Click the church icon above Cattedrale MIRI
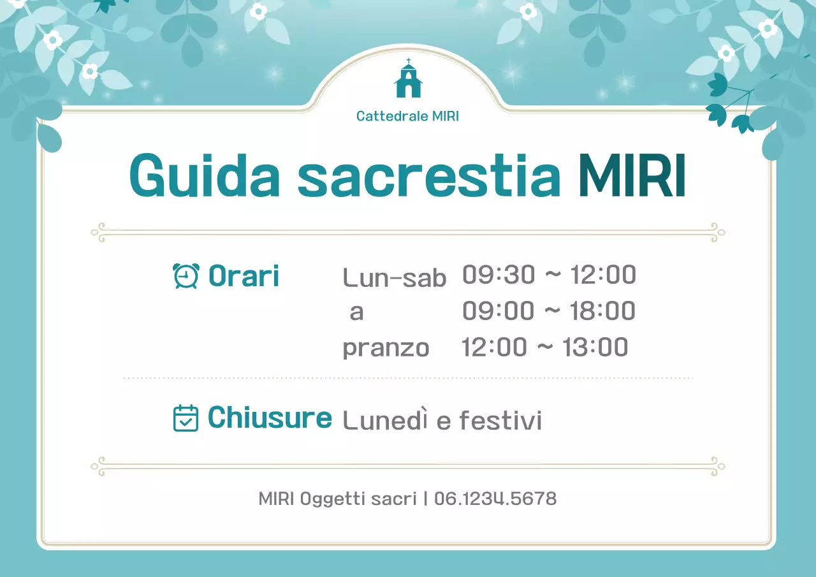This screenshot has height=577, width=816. pyautogui.click(x=408, y=79)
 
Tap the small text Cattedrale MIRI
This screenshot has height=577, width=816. pyautogui.click(x=407, y=117)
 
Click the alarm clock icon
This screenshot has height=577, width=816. pyautogui.click(x=186, y=276)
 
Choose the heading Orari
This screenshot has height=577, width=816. pyautogui.click(x=244, y=276)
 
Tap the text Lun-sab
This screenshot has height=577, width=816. pyautogui.click(x=394, y=277)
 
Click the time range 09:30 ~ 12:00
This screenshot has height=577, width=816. pyautogui.click(x=549, y=275)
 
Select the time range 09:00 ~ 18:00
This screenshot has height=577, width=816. pyautogui.click(x=549, y=311)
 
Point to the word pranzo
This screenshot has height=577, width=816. pyautogui.click(x=386, y=348)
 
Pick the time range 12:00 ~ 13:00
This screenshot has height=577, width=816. pyautogui.click(x=544, y=347)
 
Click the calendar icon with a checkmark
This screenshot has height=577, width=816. pyautogui.click(x=186, y=418)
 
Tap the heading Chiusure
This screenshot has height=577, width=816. pyautogui.click(x=270, y=418)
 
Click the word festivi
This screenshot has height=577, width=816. pyautogui.click(x=500, y=420)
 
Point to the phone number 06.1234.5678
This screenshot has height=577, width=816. pyautogui.click(x=495, y=499)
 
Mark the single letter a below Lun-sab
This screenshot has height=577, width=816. pyautogui.click(x=356, y=312)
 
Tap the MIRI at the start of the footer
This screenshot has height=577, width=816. pyautogui.click(x=276, y=499)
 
